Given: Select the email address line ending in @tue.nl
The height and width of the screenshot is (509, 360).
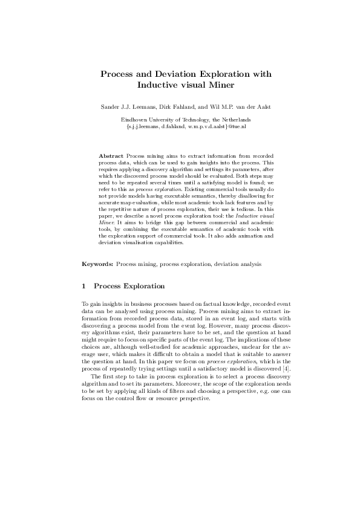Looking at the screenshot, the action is coord(180,126).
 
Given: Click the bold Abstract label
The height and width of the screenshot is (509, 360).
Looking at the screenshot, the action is coord(111,156).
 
